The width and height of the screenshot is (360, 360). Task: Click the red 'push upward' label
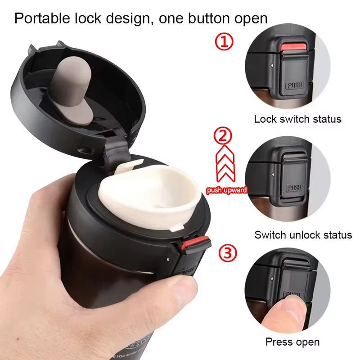tap(226, 190)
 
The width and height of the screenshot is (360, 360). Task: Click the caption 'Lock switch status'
tap(297, 119)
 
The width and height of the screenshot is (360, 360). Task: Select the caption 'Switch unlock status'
tap(303, 235)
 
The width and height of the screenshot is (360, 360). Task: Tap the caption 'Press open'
tap(292, 342)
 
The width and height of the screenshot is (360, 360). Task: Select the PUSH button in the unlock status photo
tap(294, 188)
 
